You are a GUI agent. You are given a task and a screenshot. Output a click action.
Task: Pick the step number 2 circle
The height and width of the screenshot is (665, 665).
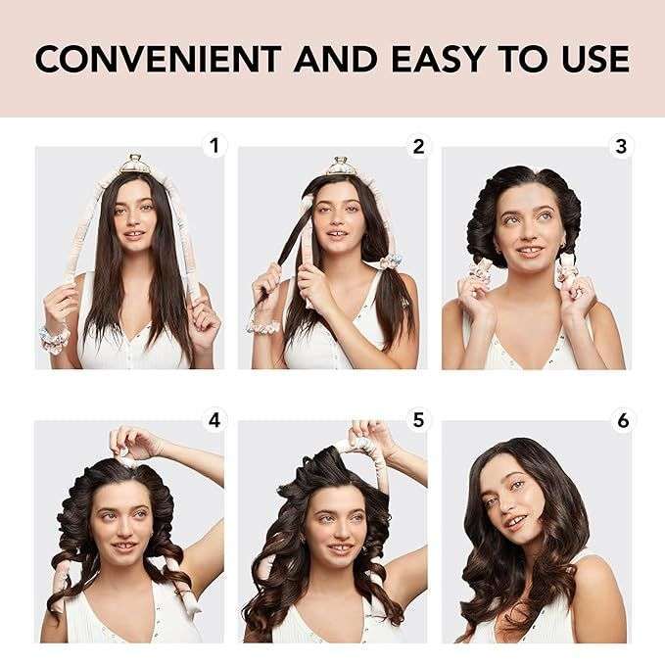418,147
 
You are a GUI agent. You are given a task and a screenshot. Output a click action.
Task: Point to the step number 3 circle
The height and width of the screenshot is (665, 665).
621,147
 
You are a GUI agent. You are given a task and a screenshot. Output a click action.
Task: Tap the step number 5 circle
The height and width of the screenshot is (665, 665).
418,420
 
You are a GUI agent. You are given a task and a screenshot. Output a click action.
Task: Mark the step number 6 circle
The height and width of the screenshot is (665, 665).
621,420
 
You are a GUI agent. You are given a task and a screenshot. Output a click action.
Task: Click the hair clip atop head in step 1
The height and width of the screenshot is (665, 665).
135,163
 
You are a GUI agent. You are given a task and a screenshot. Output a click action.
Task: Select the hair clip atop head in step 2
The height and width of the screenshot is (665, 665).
340,164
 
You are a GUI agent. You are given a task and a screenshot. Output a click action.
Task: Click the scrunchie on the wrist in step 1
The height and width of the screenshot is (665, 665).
55,337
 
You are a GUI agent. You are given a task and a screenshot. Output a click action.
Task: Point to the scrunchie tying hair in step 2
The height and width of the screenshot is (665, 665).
391,261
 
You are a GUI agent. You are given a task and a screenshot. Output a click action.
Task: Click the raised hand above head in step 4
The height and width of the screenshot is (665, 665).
133,442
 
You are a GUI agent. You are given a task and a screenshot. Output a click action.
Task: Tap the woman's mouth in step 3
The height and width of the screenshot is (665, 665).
530,251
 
